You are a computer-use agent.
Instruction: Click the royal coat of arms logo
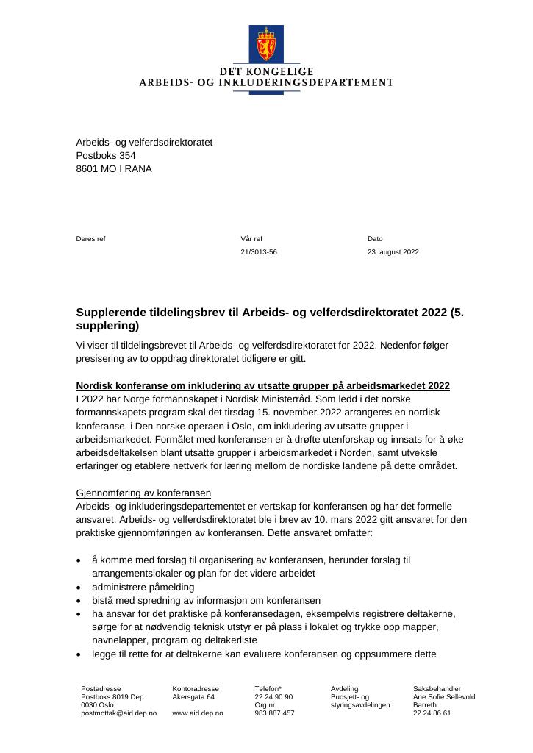[x=265, y=44]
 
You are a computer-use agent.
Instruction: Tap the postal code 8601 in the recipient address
[x=87, y=168]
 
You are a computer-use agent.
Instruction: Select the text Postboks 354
[x=106, y=155]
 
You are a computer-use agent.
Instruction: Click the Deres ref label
[x=90, y=239]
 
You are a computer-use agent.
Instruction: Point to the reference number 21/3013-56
[x=259, y=252]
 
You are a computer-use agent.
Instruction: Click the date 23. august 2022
[x=393, y=252]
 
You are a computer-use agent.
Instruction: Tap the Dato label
[x=375, y=239]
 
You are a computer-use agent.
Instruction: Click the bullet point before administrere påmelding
[x=79, y=588]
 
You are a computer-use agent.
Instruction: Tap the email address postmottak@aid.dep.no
[x=118, y=713]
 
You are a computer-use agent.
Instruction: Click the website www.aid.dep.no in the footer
[x=198, y=713]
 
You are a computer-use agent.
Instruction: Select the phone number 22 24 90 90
[x=273, y=697]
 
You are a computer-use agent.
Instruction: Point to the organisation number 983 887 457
[x=274, y=713]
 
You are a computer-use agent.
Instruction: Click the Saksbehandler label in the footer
[x=437, y=689]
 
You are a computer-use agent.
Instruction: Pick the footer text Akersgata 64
[x=193, y=697]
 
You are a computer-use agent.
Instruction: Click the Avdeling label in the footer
[x=345, y=689]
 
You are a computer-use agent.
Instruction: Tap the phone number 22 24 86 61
[x=432, y=713]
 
